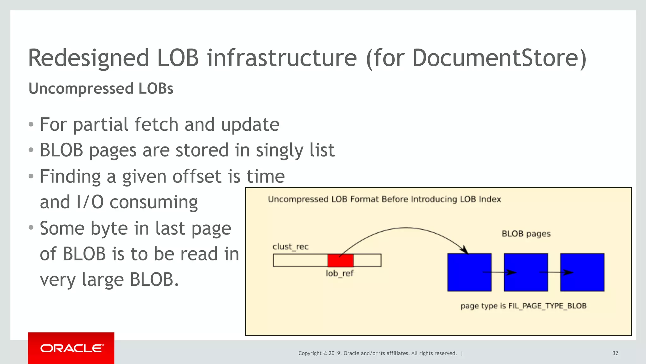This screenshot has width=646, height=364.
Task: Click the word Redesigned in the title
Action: (x=88, y=58)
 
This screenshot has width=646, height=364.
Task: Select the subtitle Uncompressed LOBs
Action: (x=101, y=88)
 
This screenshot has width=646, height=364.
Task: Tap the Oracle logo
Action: (x=71, y=348)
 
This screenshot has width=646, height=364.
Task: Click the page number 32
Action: (x=615, y=353)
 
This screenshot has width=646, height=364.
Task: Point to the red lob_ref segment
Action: (x=340, y=260)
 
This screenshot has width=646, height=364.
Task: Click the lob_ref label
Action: (x=339, y=273)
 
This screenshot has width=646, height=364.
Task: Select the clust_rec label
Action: (x=291, y=247)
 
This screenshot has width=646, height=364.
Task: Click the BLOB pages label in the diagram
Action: (x=526, y=234)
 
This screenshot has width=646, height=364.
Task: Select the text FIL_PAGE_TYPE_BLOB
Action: (x=547, y=306)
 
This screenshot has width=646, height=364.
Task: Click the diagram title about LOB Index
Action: (x=384, y=199)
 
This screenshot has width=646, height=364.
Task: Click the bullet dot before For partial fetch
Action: (x=31, y=124)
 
